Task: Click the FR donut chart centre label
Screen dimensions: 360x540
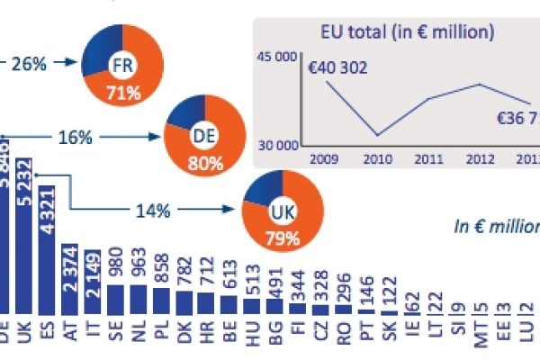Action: pyautogui.click(x=121, y=64)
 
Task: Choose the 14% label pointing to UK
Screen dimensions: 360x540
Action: pyautogui.click(x=148, y=211)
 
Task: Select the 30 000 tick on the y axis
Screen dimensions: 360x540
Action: pyautogui.click(x=277, y=143)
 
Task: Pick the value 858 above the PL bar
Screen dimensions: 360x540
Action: pyautogui.click(x=162, y=273)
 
